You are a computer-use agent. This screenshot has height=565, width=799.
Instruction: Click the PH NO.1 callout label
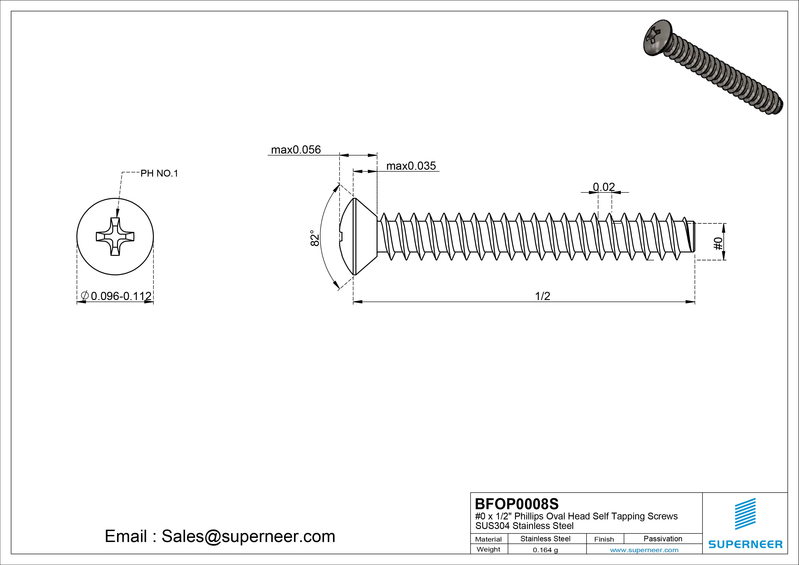159,173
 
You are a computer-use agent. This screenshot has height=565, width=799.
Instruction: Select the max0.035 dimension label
411,166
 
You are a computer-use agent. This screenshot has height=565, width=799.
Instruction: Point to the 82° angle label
315,238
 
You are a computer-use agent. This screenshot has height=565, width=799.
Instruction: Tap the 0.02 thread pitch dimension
604,187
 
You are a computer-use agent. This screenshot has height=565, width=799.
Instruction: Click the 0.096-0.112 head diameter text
121,296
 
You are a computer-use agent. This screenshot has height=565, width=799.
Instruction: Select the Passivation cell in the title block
663,539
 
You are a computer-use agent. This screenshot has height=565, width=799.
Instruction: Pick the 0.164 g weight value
545,550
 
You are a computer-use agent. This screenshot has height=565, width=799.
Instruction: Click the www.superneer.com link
644,550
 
